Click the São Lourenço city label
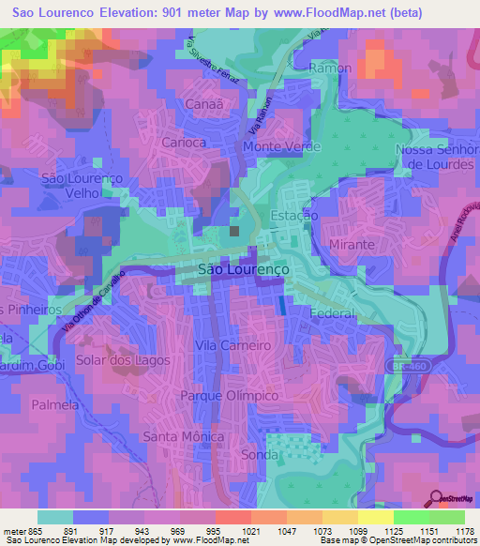point(245,268)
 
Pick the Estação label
point(294,216)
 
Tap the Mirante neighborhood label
point(352,244)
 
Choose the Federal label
point(331,313)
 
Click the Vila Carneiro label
point(232,345)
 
